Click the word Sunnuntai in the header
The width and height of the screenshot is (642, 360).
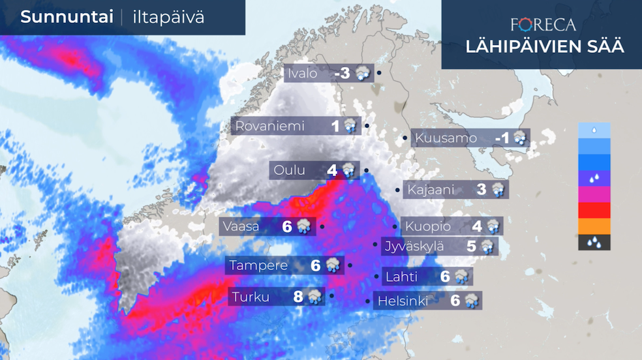[x=67, y=18]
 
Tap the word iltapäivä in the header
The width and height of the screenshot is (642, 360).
[x=168, y=18]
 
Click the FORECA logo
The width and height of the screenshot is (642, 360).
[x=543, y=25]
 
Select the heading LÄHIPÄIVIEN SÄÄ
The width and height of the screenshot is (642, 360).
[x=543, y=47]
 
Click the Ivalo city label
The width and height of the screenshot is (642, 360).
[x=303, y=74]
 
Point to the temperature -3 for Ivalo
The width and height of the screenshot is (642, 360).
[x=343, y=74]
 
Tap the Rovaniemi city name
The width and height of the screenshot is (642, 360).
[x=270, y=126]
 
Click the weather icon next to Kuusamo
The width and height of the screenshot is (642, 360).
[x=520, y=138]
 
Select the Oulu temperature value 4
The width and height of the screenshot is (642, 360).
[x=332, y=170]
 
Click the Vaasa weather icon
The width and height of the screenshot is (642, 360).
[x=303, y=226]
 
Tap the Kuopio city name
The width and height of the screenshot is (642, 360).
[x=427, y=226]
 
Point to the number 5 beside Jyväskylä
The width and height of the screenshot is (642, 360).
[x=471, y=246]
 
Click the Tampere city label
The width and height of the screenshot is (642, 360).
[x=258, y=265]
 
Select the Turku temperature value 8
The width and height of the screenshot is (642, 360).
[x=298, y=297]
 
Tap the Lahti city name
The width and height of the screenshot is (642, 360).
[x=402, y=276]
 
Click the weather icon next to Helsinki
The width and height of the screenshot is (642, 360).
[x=471, y=301]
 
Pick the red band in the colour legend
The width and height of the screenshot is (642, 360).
[x=594, y=210]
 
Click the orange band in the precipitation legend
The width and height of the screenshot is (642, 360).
[x=594, y=226]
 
